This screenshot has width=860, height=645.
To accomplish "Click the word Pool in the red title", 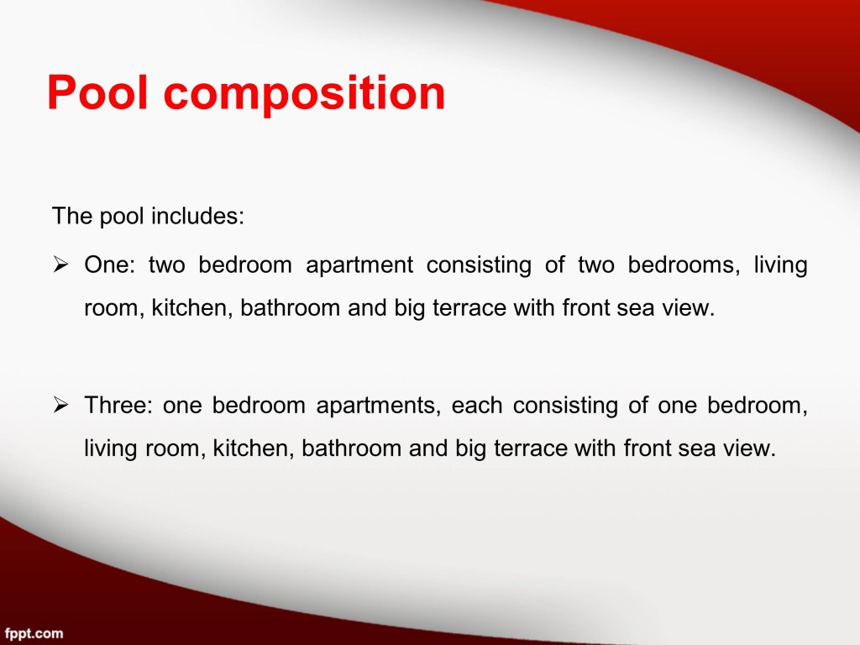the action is [x=97, y=92].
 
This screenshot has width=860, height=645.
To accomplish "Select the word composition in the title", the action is [x=304, y=94].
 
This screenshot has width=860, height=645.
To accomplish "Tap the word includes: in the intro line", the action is [x=197, y=216].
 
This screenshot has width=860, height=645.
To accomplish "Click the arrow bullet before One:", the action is [x=60, y=265].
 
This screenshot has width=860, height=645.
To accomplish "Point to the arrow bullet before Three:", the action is [x=60, y=406].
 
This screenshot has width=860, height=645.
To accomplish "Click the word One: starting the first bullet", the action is [x=110, y=265].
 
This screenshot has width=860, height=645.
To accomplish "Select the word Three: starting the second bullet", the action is [x=118, y=406].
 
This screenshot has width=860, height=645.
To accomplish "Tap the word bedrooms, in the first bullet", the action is [x=684, y=265].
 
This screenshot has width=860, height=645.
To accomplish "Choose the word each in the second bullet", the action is [x=477, y=406].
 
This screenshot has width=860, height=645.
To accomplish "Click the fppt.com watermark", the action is [x=34, y=634].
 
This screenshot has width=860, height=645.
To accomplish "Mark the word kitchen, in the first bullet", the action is [x=192, y=307].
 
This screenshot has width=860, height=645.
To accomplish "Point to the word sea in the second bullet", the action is [x=697, y=449].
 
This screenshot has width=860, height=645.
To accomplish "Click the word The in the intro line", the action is [x=72, y=216].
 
